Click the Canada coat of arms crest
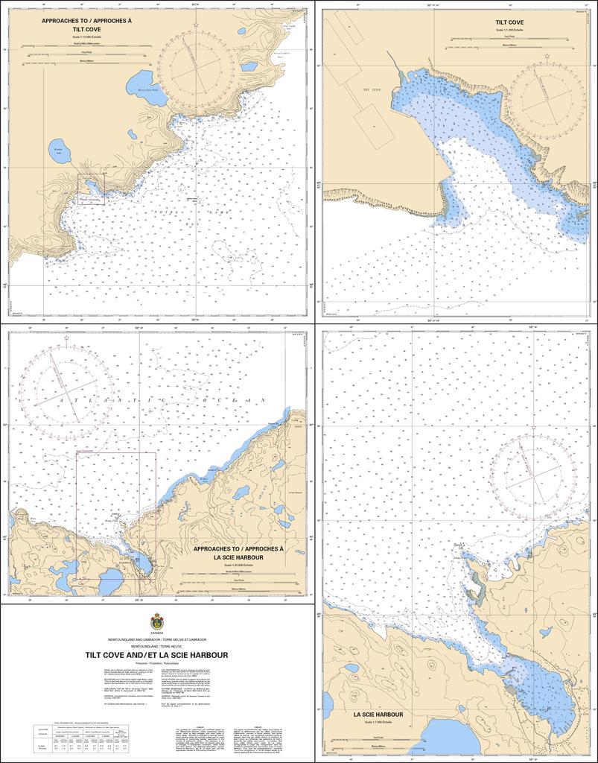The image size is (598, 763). coord(156,621)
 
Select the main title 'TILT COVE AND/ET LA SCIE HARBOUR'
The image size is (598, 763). coord(156,656)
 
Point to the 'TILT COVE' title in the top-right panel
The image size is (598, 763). coord(509,23)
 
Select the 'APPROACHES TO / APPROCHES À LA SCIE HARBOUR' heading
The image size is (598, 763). coord(238,553)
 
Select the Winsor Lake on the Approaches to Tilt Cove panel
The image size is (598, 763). coord(60,151)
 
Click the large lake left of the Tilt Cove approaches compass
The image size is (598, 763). coord(140,81)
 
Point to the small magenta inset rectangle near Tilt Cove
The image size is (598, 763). coord(92,189)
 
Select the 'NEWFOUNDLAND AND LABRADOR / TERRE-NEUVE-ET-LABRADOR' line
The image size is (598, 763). coord(156,640)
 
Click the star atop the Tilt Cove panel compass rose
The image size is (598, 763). coord(547,57)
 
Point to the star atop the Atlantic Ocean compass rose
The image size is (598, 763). coord(67,339)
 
